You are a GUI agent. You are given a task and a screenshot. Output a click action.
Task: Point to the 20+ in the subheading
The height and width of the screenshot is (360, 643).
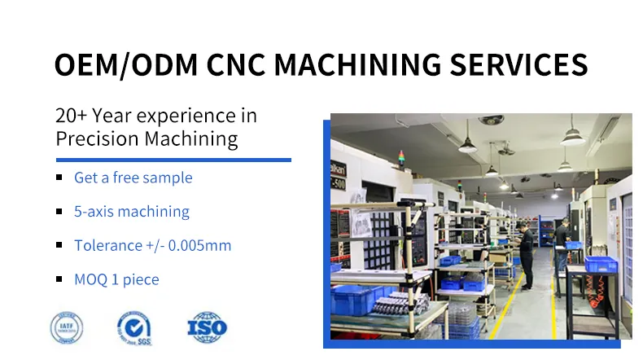point(72,116)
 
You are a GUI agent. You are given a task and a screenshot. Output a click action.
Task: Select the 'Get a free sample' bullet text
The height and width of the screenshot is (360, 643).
point(133,178)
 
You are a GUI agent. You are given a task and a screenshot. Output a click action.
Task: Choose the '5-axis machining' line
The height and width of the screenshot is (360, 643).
point(131,212)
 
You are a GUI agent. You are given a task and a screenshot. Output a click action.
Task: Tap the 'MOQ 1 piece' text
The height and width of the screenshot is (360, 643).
point(116,279)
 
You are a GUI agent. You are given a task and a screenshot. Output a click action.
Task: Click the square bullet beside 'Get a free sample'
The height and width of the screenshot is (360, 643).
point(59,178)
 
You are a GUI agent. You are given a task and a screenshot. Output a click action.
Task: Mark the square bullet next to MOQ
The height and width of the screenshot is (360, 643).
point(59,279)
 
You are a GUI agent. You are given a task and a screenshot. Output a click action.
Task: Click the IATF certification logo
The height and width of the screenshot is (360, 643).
point(67,327)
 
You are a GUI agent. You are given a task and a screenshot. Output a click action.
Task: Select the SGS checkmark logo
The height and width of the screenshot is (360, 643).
point(135,327)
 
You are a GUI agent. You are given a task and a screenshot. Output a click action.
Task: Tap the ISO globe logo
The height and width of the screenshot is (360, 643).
point(207,327)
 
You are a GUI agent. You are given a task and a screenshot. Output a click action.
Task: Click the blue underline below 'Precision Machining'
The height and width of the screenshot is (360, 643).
point(173,160)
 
